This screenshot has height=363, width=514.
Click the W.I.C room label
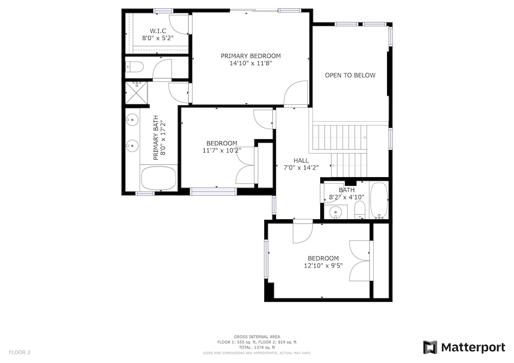point(158,31)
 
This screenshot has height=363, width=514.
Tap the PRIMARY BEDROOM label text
point(251,56)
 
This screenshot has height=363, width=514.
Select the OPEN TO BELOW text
point(350,75)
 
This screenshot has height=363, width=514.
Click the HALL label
point(301,160)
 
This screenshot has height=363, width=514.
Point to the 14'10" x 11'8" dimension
point(251,64)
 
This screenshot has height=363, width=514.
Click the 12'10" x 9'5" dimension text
point(323,265)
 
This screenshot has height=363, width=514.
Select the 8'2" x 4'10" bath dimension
point(346,197)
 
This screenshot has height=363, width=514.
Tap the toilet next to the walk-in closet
point(135,67)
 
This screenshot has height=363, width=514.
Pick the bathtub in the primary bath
point(159,178)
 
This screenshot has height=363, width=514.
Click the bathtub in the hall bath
point(379,200)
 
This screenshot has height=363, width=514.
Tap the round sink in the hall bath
point(335,213)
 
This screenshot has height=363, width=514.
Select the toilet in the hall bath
point(360,210)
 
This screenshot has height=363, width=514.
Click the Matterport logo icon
point(430,347)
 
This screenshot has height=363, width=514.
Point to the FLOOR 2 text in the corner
point(20,353)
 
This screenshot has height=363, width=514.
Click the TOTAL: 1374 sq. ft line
point(256,348)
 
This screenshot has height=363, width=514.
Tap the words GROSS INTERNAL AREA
point(256,337)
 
